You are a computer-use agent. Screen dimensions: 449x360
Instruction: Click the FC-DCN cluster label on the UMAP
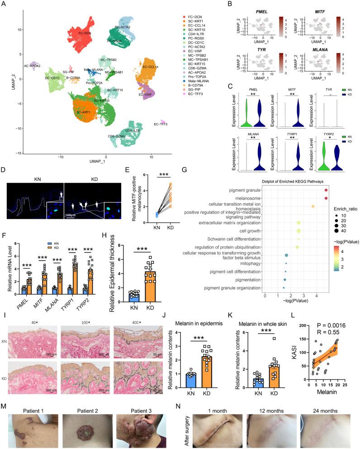coord(86,33)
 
